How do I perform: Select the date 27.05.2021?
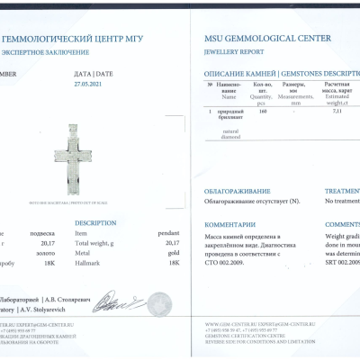click(91, 82)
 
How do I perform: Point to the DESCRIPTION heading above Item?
click(95, 222)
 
